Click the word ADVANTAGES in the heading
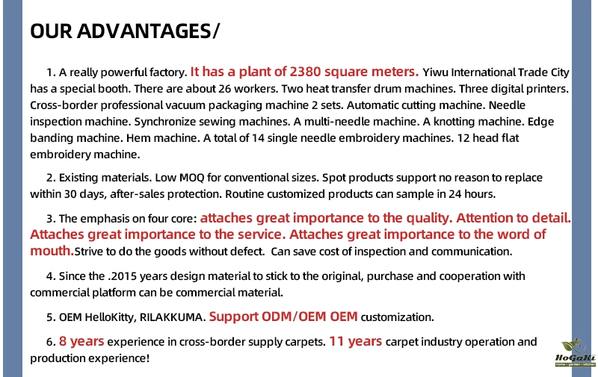click(x=144, y=31)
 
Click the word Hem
click(x=135, y=138)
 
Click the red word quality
click(x=428, y=218)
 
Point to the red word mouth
click(x=52, y=251)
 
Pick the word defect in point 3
click(x=250, y=252)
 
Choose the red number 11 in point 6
click(x=336, y=341)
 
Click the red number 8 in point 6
click(x=63, y=341)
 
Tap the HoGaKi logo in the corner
click(x=575, y=352)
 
